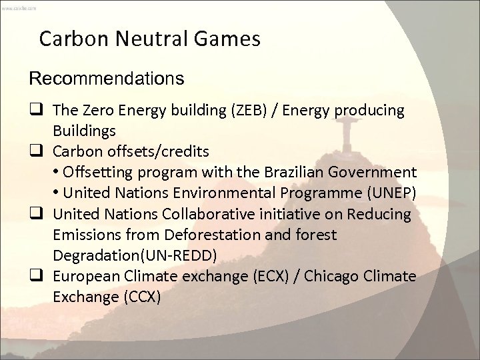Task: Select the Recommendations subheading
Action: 106,79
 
